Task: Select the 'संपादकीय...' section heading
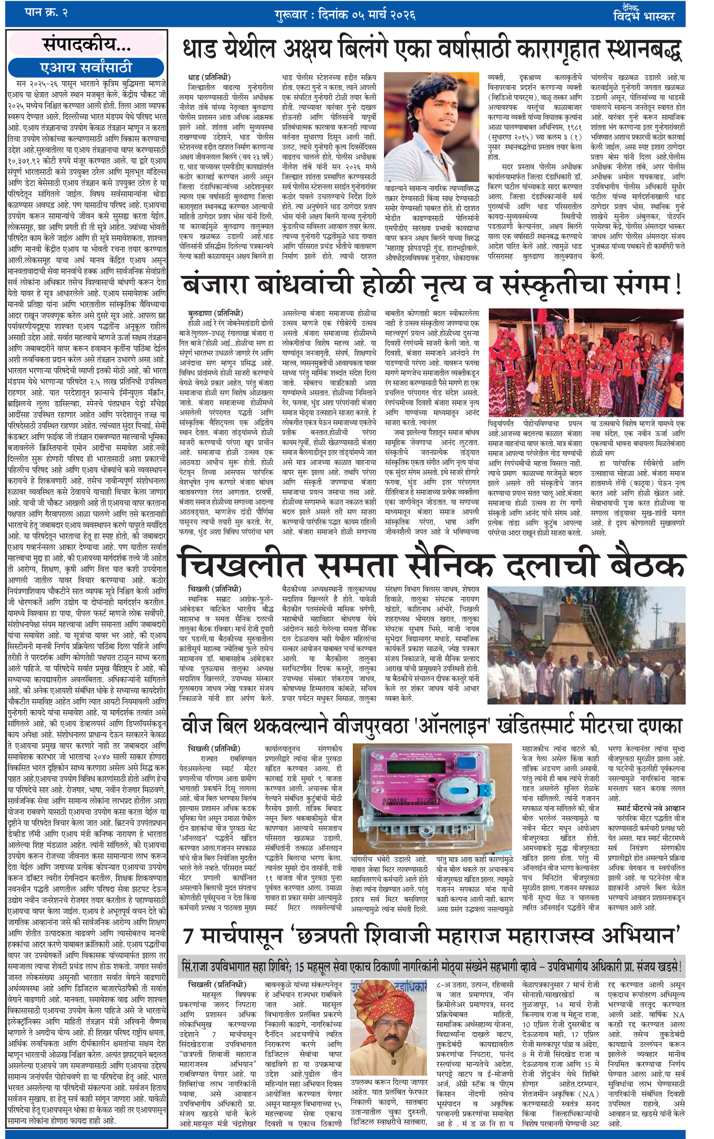(86, 45)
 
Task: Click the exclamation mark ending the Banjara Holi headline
(679, 285)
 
